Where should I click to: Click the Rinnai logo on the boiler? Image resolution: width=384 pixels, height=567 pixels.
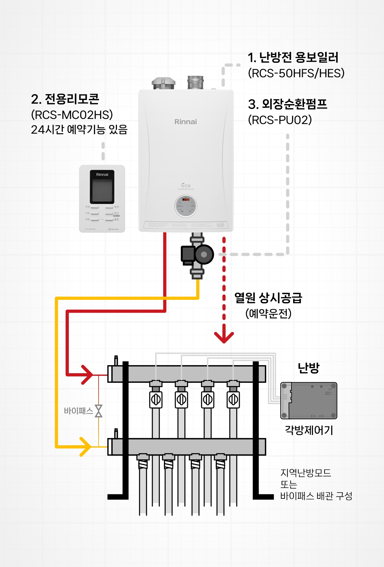[186, 122]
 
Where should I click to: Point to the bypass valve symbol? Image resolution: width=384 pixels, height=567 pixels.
[99, 411]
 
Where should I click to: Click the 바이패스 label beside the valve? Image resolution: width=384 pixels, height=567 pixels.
[78, 411]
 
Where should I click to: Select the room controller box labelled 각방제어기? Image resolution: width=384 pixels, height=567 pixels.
[309, 400]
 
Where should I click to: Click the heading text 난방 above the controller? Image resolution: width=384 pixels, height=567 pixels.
[308, 368]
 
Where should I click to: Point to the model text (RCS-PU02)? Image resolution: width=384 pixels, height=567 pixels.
[280, 120]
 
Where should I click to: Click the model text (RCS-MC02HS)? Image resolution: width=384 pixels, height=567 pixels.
[72, 115]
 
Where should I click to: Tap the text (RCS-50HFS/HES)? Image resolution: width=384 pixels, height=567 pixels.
[296, 73]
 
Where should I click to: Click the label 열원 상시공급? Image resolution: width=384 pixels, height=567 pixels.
[268, 298]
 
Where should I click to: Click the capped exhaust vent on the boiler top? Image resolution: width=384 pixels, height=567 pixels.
[164, 83]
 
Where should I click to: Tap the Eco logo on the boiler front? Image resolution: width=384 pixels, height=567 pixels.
[186, 185]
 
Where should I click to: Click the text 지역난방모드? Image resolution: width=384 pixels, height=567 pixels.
[306, 473]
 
